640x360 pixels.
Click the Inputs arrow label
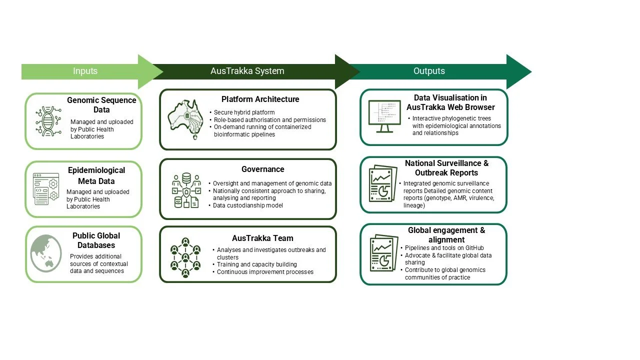85,71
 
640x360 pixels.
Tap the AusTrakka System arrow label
247,71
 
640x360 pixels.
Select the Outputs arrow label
429,71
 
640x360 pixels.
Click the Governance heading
262,169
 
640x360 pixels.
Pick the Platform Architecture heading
260,99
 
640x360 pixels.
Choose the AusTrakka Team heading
262,238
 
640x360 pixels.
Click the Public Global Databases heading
96,240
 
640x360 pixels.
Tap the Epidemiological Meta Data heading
96,175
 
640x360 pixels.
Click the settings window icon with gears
46,188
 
